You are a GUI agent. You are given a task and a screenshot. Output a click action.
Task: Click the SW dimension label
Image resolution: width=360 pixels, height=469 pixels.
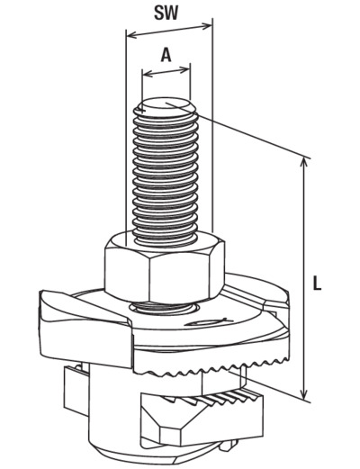(x=166, y=14)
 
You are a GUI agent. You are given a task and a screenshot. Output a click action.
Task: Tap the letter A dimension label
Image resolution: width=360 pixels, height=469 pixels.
(x=166, y=55)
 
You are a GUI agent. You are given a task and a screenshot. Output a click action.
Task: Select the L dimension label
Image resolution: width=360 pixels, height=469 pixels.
(x=317, y=284)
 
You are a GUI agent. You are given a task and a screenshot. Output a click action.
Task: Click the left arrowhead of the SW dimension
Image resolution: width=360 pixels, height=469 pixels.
(x=131, y=36)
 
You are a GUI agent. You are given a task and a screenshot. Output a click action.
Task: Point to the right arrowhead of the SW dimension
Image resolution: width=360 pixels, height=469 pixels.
(x=207, y=26)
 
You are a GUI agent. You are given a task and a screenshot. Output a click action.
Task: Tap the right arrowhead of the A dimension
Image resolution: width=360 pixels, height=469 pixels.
(x=185, y=69)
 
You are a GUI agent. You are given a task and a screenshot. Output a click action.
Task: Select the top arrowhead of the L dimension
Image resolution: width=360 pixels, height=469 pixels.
(x=304, y=163)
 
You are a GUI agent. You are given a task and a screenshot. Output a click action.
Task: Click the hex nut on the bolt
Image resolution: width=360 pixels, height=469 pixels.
(x=165, y=267)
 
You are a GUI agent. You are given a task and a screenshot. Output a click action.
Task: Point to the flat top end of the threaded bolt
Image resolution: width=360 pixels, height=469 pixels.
(x=165, y=107)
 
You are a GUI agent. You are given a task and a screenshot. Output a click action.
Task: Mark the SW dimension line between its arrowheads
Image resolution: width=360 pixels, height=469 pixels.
(x=169, y=32)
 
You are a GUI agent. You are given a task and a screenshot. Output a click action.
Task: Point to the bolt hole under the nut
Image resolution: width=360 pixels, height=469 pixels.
(x=164, y=308)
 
